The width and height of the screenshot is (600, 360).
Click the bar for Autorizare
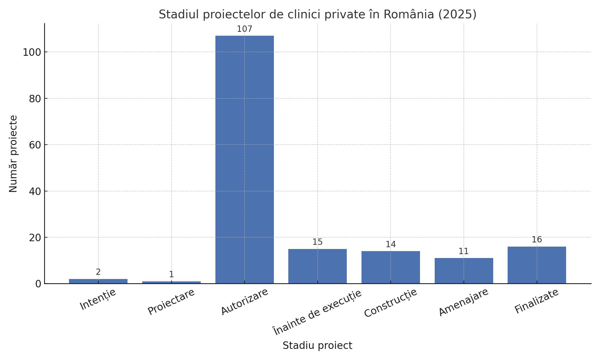click(244, 159)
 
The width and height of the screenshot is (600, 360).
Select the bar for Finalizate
click(537, 265)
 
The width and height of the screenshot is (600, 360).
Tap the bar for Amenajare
click(464, 271)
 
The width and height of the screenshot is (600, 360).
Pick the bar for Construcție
click(391, 267)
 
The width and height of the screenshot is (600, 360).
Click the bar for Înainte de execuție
click(317, 266)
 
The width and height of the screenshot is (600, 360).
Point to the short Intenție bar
click(98, 281)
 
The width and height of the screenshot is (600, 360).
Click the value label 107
click(244, 29)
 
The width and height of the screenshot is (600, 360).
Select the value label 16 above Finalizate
click(537, 240)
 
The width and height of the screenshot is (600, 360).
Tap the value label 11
click(463, 251)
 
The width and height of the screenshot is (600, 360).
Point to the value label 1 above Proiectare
click(171, 274)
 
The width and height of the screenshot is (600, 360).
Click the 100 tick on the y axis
click(32, 52)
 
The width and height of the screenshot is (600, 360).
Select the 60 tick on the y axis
click(35, 145)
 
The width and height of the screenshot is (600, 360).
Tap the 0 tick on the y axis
click(38, 284)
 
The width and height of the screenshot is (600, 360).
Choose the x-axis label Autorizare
click(244, 301)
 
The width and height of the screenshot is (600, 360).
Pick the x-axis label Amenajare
click(463, 302)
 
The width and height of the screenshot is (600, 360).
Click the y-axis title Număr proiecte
click(13, 154)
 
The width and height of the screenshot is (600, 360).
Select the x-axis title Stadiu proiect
click(317, 346)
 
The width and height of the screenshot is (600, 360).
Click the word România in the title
click(409, 14)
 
